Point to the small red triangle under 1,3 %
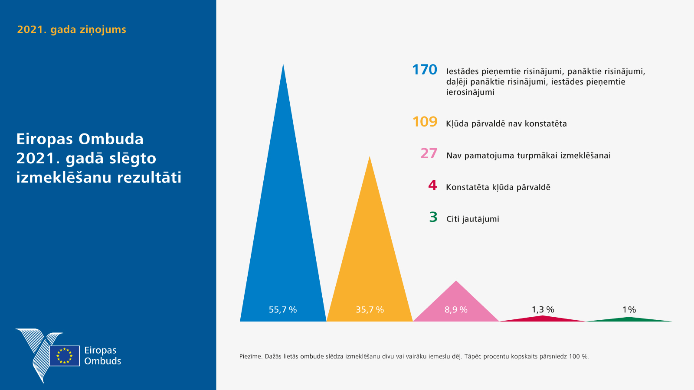(543, 318)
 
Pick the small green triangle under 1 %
(629, 319)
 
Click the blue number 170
(424, 70)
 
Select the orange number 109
(425, 122)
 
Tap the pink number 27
(429, 153)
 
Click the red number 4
(432, 185)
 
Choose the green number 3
(433, 217)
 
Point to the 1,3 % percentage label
(543, 309)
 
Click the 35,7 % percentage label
(370, 310)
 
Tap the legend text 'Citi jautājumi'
(472, 219)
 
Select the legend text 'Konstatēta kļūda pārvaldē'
(498, 187)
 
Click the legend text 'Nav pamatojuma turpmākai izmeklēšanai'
(528, 156)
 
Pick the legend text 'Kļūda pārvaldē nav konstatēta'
(506, 124)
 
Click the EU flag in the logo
(65, 356)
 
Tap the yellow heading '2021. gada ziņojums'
(72, 29)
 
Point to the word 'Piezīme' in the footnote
(250, 357)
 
